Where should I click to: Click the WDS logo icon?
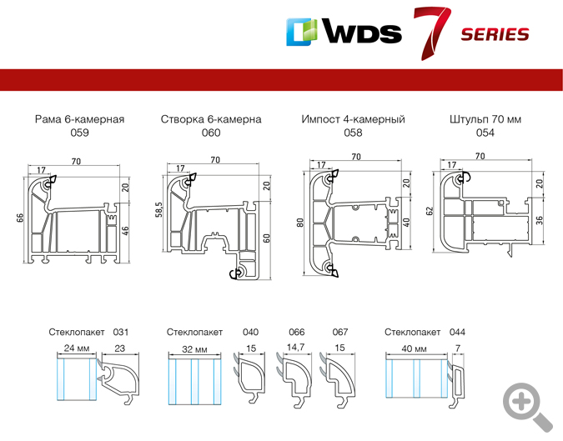[x=304, y=32]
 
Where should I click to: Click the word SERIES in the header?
[x=495, y=34]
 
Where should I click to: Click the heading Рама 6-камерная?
[x=79, y=119]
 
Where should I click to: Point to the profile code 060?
[x=211, y=133]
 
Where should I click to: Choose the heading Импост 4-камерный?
[x=353, y=119]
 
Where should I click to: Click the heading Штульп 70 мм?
[x=485, y=119]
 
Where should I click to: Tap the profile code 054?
[x=485, y=133]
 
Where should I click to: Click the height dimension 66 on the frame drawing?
[x=20, y=218]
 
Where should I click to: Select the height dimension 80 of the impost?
[x=299, y=223]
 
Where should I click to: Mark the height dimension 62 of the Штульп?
[x=430, y=211]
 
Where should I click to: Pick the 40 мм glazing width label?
[x=412, y=347]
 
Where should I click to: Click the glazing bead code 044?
[x=457, y=332]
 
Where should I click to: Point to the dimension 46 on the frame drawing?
[x=126, y=229]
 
